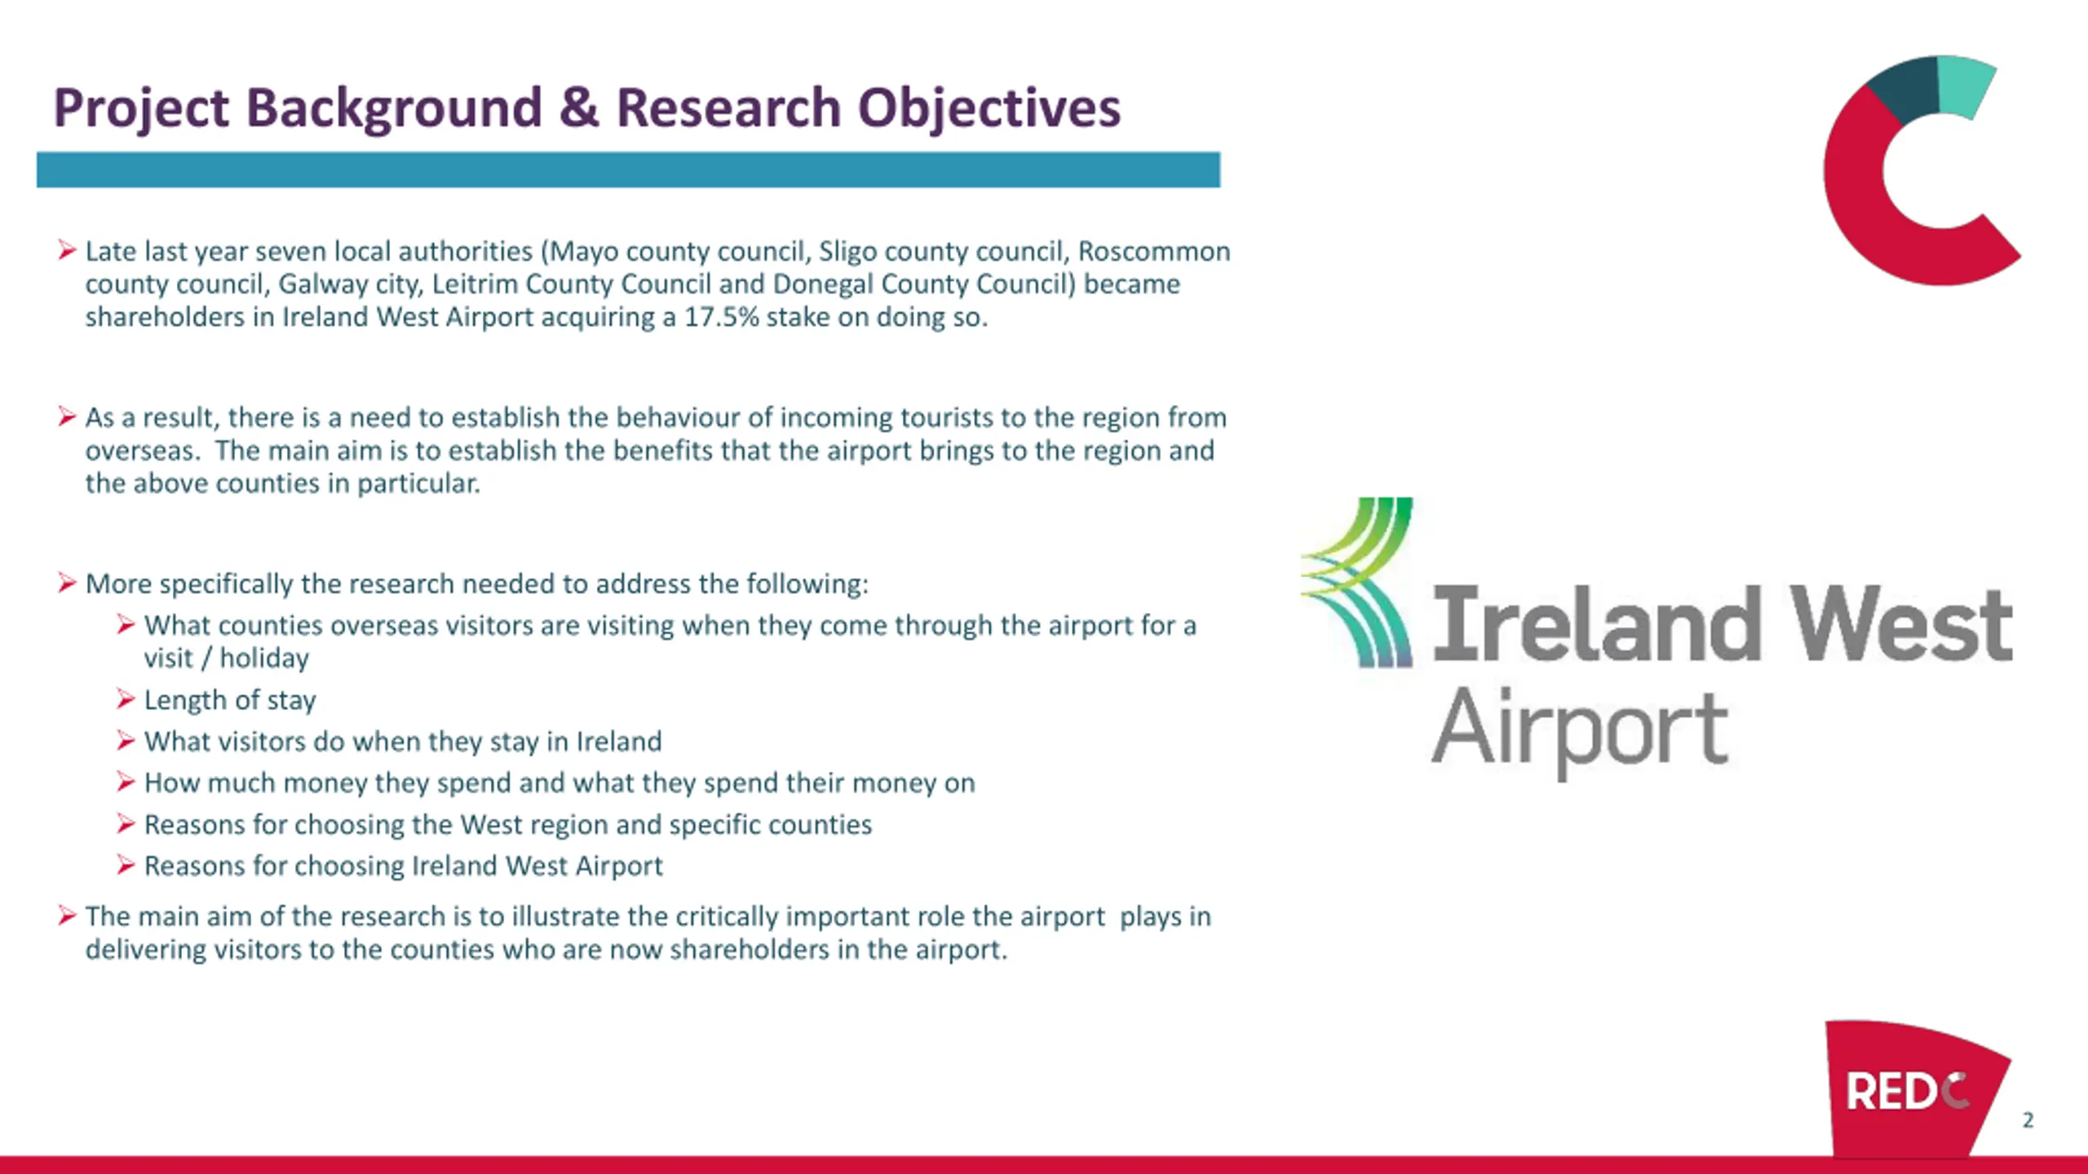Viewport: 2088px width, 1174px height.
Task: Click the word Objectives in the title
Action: point(989,108)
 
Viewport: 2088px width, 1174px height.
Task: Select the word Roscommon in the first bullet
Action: point(1154,251)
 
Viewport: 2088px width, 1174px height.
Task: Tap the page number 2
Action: point(2028,1120)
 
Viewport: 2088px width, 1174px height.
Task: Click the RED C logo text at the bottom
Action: point(1908,1092)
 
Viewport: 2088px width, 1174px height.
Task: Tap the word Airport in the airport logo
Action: point(1580,728)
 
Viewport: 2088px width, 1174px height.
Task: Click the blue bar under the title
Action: point(628,170)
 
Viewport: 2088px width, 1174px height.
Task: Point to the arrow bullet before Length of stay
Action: point(125,699)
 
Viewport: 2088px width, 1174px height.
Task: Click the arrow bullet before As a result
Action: point(66,417)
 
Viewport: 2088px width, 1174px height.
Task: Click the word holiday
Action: point(264,658)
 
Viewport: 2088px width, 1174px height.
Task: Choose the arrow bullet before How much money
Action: point(125,782)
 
